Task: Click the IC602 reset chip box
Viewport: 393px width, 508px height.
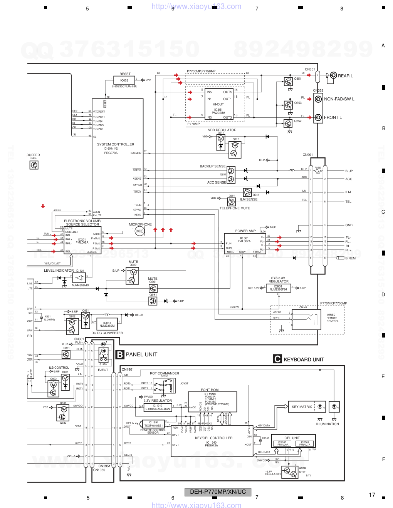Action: click(124, 80)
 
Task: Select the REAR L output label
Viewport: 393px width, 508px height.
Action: click(345, 76)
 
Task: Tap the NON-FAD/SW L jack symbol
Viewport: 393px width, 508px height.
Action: click(318, 99)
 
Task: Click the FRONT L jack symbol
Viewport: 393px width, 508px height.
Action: click(318, 117)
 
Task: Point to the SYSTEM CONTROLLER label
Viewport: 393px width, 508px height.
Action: click(116, 144)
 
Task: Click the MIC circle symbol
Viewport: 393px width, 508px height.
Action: click(140, 231)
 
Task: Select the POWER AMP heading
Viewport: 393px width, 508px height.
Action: click(245, 231)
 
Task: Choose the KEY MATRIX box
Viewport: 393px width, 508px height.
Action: click(302, 407)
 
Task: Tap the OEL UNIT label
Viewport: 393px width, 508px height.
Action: click(292, 438)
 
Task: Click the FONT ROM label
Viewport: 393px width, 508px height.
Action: click(210, 390)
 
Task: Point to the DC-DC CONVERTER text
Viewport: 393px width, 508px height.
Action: click(107, 333)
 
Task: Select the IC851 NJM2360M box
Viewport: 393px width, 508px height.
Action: click(107, 324)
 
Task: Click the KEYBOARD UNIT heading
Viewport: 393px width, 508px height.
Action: click(304, 359)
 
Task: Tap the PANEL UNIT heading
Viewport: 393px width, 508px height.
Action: click(141, 354)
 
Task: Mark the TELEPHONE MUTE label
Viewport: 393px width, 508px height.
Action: click(235, 208)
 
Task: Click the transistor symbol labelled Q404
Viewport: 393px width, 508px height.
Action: click(34, 165)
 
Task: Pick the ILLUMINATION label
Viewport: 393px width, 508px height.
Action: click(327, 424)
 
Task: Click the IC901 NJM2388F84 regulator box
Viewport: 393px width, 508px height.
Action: click(278, 288)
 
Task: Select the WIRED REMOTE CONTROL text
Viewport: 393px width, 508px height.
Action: click(333, 318)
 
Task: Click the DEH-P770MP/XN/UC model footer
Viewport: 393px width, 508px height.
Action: click(218, 492)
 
